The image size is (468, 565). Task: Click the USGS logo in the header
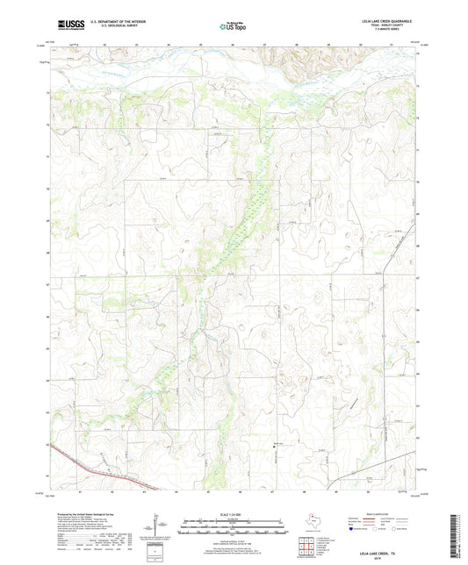point(71,26)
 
